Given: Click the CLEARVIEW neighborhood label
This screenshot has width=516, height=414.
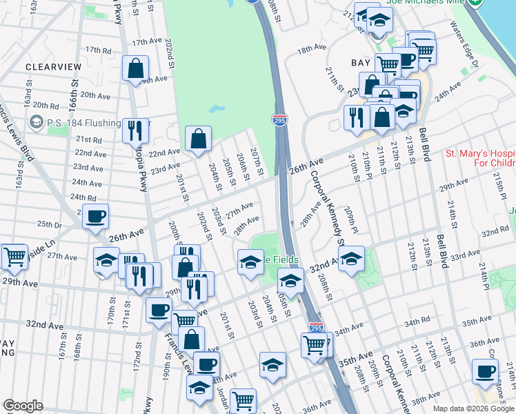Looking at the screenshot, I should [53, 67].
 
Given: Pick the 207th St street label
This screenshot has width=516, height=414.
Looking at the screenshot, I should [257, 161].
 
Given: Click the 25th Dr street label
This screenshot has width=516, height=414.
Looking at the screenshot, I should [50, 224].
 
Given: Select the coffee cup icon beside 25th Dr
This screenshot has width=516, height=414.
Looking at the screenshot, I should [95, 217].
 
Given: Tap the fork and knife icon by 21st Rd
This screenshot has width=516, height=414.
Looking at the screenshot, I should [135, 130].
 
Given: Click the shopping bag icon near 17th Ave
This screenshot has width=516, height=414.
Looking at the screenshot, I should [136, 69].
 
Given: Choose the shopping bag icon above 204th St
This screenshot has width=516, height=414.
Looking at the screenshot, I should [198, 138].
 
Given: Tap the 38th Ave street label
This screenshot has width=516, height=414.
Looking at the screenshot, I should [426, 400].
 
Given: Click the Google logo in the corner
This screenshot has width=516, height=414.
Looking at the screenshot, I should [23, 406].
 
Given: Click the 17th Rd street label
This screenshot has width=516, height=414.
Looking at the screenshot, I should [99, 50].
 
